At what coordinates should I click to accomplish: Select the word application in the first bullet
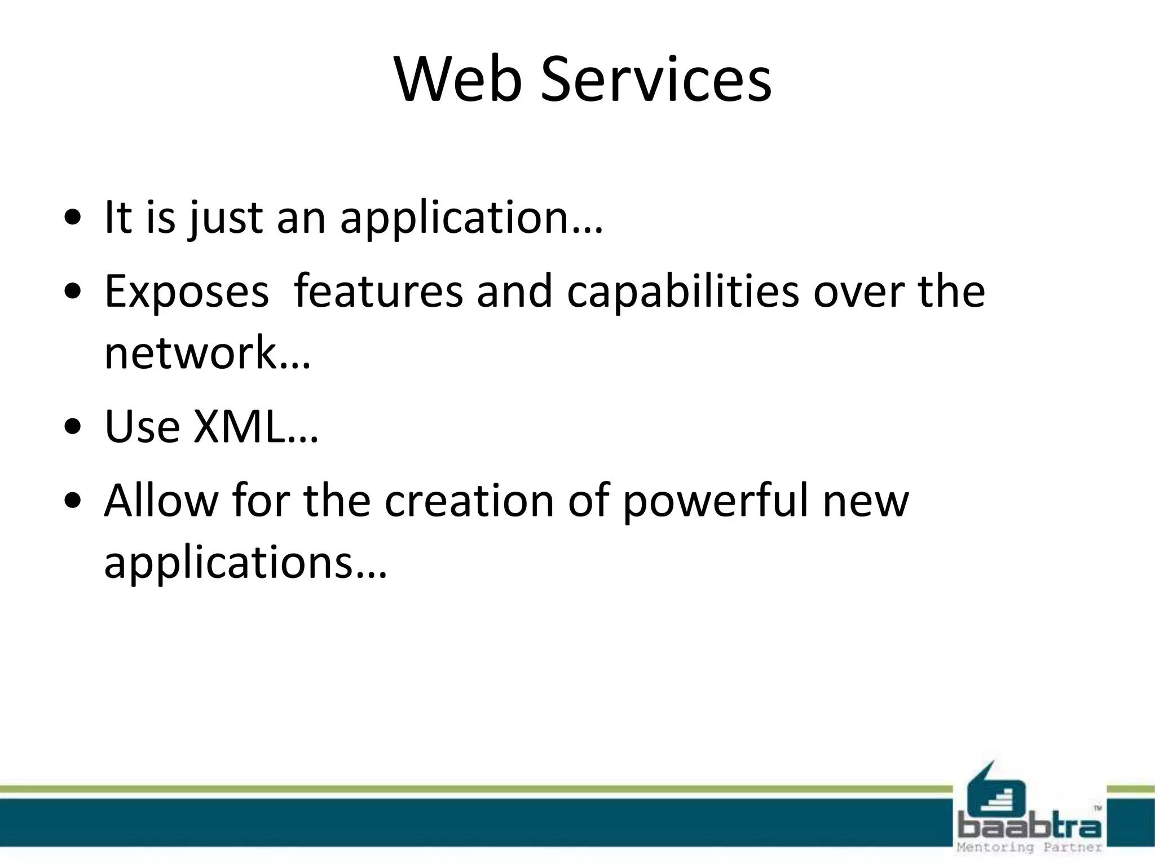pos(462,219)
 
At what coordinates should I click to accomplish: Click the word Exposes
pos(187,292)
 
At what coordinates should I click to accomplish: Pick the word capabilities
pos(683,292)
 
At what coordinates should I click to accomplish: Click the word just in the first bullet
pos(226,219)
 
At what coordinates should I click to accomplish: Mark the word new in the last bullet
pos(866,501)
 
